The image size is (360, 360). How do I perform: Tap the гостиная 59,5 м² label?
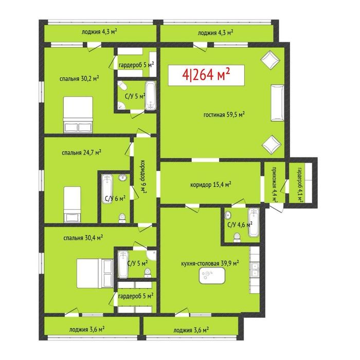click(223, 115)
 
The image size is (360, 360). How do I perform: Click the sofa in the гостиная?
click(277, 101)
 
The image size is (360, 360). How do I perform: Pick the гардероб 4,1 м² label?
click(299, 182)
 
